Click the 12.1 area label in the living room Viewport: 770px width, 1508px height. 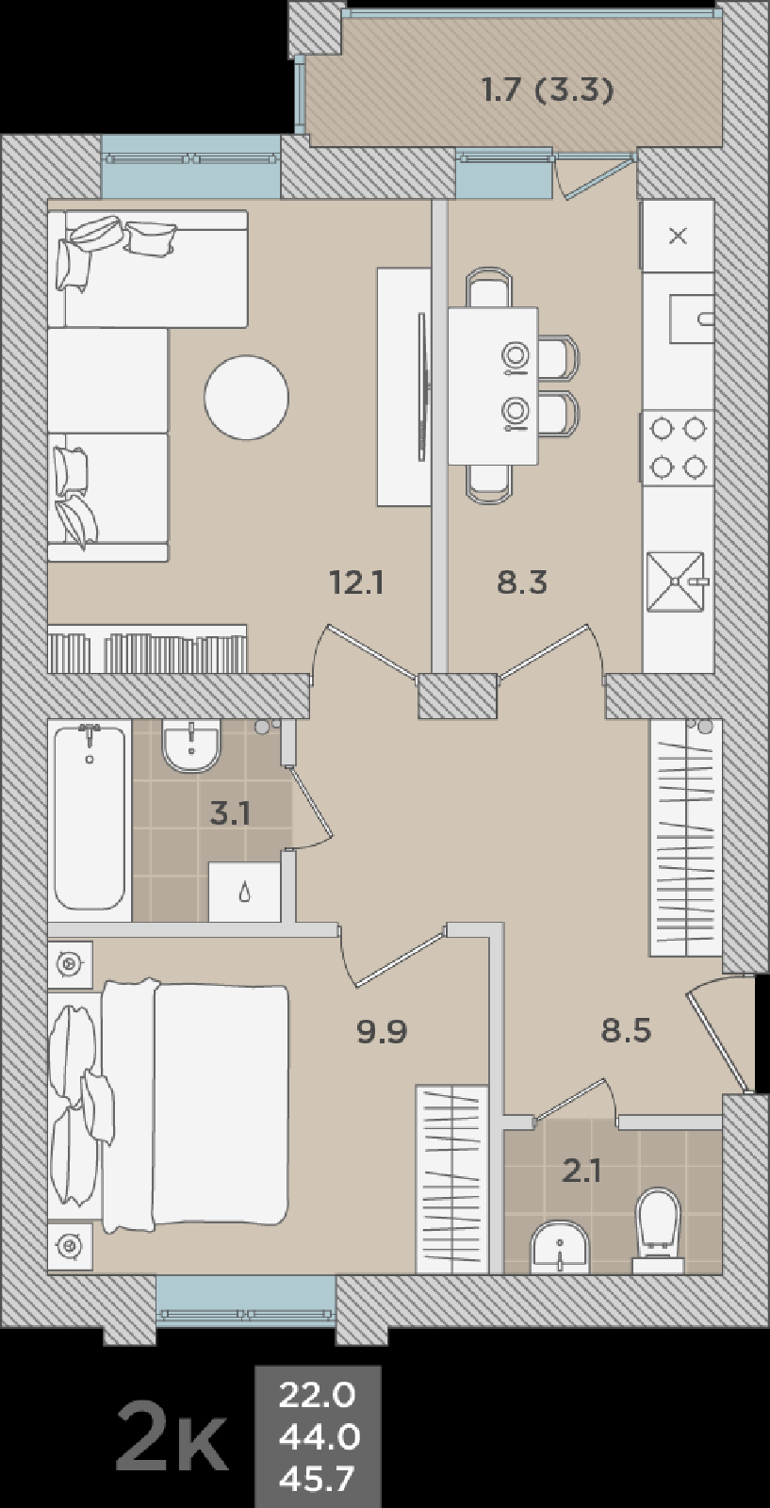[x=357, y=582]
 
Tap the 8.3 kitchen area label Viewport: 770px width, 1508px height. [x=521, y=582]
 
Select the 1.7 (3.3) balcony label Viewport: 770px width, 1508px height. [x=548, y=90]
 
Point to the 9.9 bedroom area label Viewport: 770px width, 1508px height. [x=382, y=1031]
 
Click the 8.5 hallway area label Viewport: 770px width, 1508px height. [x=626, y=1031]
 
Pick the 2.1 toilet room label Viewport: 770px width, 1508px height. [x=582, y=1172]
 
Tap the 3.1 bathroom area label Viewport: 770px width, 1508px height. [x=230, y=814]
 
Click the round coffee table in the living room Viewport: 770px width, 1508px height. [x=246, y=397]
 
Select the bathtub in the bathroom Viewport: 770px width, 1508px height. [x=90, y=821]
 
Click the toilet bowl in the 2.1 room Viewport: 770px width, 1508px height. [x=659, y=1230]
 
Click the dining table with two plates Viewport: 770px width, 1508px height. [x=493, y=385]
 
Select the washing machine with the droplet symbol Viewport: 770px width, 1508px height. [x=244, y=892]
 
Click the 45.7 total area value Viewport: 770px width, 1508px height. [x=317, y=1479]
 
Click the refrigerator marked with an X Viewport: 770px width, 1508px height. [x=678, y=236]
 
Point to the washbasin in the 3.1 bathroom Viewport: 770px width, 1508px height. [x=192, y=746]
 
